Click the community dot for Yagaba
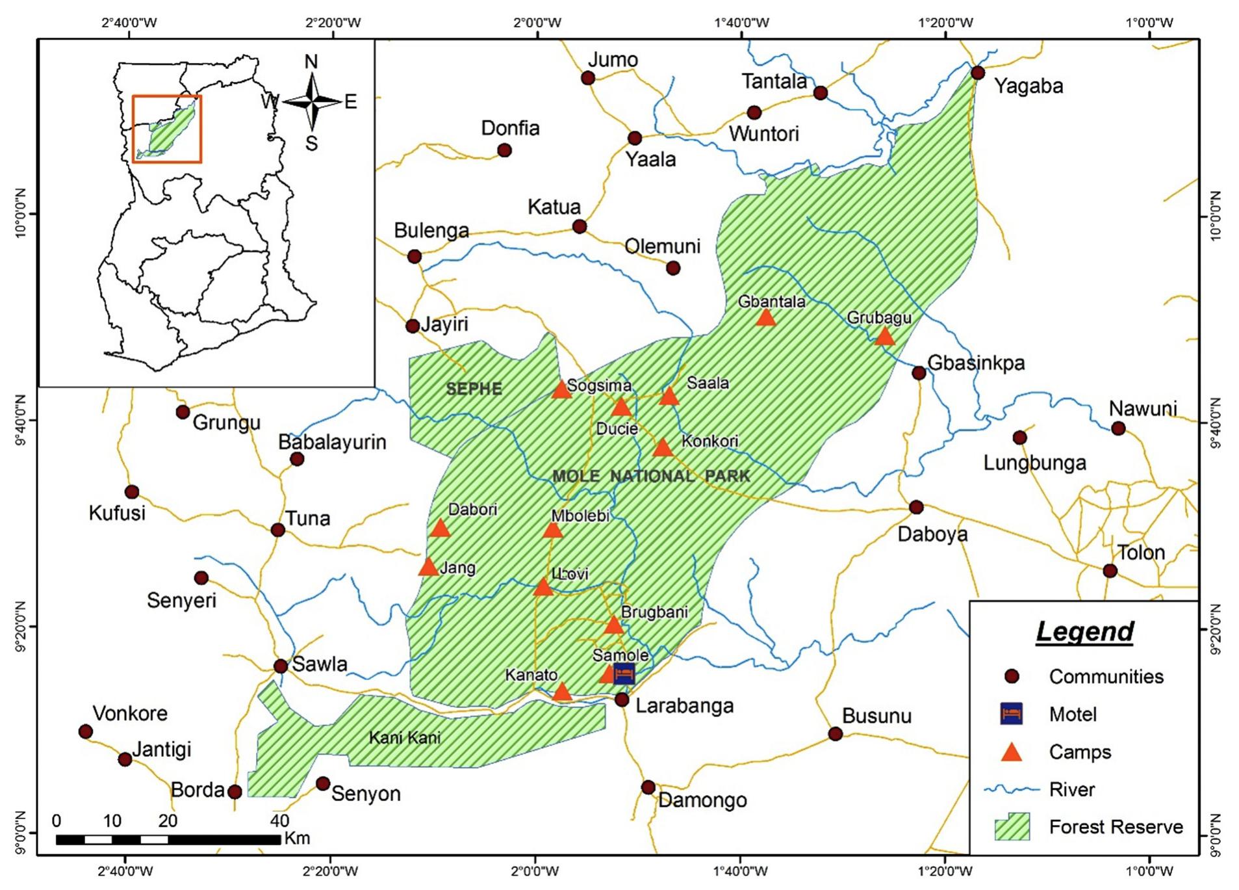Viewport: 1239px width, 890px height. (x=978, y=72)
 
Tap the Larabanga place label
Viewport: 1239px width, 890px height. (x=684, y=705)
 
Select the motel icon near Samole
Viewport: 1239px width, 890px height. (x=624, y=674)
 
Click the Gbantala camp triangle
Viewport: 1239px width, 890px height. (x=766, y=318)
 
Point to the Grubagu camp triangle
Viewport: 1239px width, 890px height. (x=884, y=337)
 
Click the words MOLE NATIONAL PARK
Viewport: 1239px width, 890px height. (x=651, y=476)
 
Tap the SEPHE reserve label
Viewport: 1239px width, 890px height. (x=474, y=389)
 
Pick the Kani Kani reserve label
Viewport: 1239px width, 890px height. (x=404, y=737)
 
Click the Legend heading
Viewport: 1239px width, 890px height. (x=1084, y=631)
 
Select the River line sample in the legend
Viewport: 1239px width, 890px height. (x=1012, y=789)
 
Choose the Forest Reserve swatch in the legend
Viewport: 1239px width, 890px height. (x=1012, y=827)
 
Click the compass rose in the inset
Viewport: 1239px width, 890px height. (x=312, y=102)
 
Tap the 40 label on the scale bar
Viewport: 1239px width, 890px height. (x=279, y=820)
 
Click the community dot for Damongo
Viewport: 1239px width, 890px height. (x=648, y=787)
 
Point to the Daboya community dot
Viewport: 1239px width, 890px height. (x=916, y=507)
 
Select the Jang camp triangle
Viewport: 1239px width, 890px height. (x=428, y=568)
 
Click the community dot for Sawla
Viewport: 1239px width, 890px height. (x=281, y=666)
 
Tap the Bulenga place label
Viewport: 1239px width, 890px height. (x=431, y=230)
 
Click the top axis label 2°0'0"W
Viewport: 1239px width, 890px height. (x=537, y=23)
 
